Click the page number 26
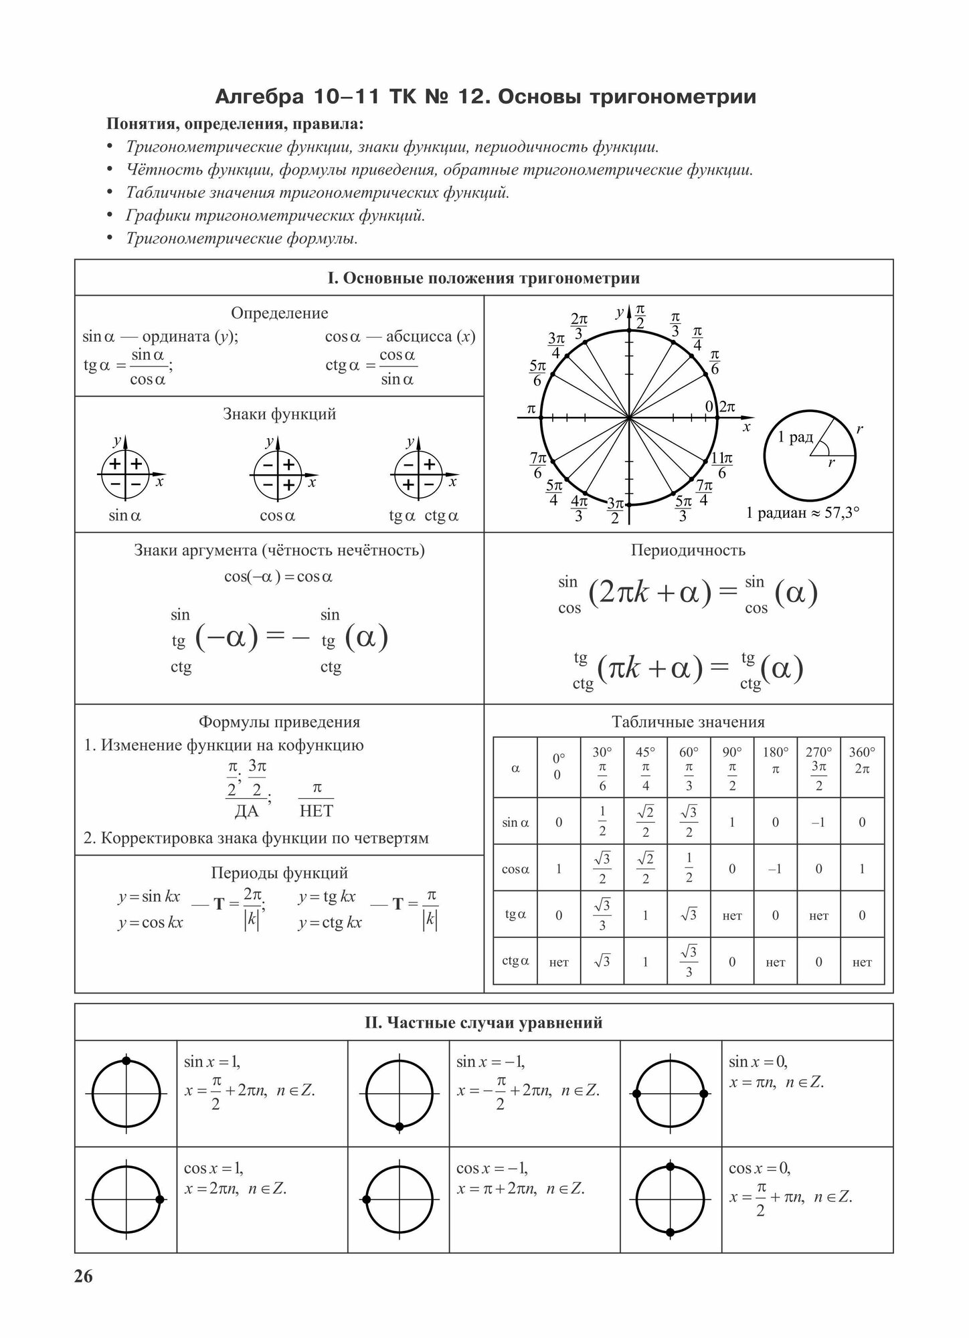tap(84, 1276)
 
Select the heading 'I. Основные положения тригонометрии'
tap(483, 278)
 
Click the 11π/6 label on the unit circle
tap(721, 465)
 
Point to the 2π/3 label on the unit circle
tap(579, 326)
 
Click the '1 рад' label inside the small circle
tap(795, 438)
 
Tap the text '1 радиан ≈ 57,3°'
tap(802, 513)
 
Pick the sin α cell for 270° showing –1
tap(818, 822)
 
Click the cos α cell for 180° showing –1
tap(775, 868)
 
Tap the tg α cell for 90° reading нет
tap(732, 915)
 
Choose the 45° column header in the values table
tap(645, 767)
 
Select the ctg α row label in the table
tap(515, 961)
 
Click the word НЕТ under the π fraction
tap(317, 811)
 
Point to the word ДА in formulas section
tap(246, 811)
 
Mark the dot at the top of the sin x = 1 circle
tap(126, 1061)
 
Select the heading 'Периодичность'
tap(688, 550)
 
